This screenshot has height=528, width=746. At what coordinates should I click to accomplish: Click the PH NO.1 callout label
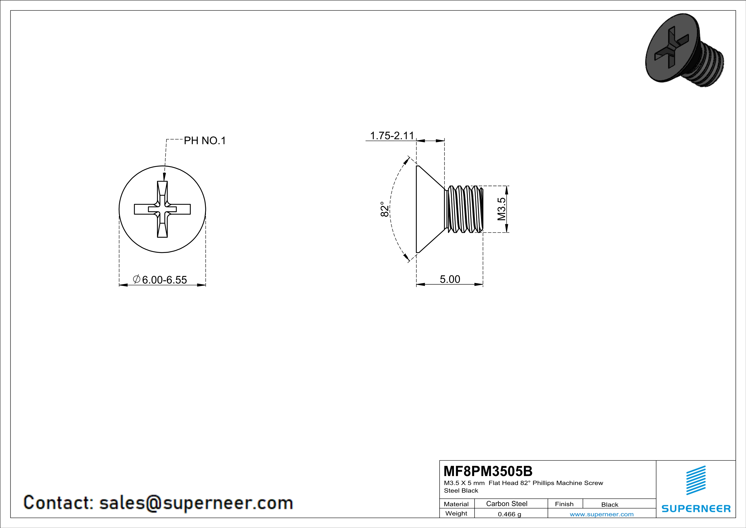205,141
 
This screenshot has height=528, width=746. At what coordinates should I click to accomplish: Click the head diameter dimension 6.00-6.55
164,280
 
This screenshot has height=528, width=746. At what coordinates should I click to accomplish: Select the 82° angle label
384,209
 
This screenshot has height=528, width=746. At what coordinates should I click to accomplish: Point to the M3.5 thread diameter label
502,209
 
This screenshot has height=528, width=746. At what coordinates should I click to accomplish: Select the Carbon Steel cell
506,504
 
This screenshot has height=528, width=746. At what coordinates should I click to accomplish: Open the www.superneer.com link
601,514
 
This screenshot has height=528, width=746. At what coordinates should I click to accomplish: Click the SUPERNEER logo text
696,508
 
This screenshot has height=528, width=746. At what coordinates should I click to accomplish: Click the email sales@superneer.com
196,502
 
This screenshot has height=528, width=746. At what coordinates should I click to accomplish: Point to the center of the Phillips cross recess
163,209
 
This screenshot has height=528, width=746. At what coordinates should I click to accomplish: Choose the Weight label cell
456,513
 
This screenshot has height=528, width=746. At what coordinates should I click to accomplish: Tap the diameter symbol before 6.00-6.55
137,279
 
